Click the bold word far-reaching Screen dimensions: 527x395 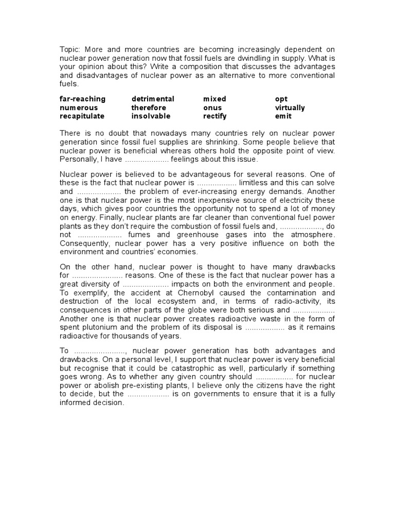[82, 99]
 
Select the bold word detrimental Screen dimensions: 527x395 [153, 99]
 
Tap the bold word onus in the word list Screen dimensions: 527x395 [212, 108]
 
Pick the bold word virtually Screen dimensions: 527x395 [290, 108]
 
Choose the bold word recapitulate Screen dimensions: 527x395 [82, 116]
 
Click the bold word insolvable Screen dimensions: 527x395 [151, 116]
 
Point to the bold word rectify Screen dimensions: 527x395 [215, 116]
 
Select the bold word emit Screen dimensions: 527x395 [283, 116]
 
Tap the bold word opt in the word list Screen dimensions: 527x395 [281, 99]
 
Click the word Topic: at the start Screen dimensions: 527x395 [70, 49]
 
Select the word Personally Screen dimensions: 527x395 [80, 159]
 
